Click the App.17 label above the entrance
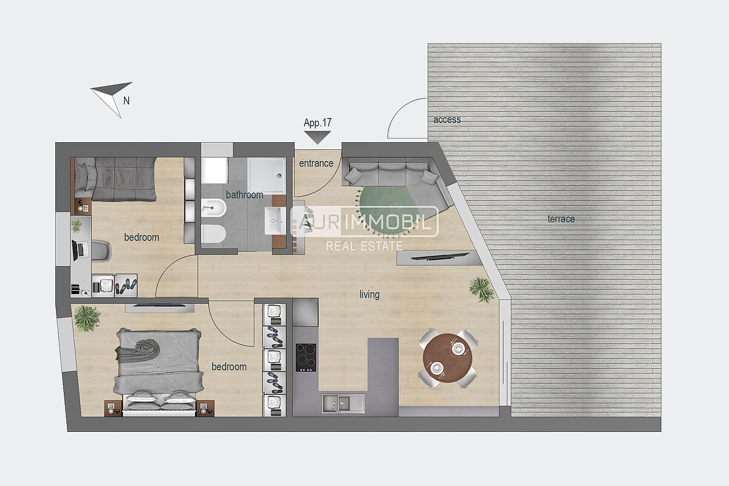317,123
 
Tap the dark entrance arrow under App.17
318,137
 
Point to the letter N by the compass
126,101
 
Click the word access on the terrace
447,120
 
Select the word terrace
561,219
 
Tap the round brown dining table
448,358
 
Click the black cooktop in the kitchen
306,357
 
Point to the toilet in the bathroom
213,234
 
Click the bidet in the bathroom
213,208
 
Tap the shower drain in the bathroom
279,176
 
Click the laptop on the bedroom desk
80,250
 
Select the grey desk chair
101,250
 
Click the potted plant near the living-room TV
481,290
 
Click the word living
369,294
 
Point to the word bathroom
244,194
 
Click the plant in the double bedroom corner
86,318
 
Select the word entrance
316,163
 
